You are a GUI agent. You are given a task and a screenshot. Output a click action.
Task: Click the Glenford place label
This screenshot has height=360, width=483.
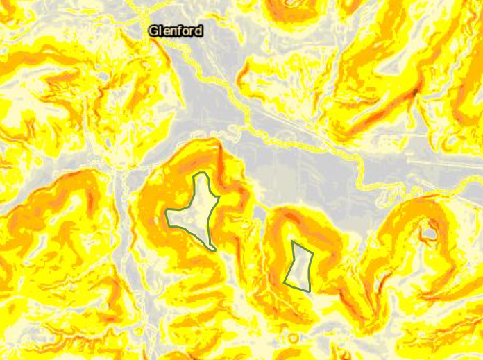(x=175, y=31)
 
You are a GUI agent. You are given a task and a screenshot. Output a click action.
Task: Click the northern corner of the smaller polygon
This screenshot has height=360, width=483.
(x=294, y=242)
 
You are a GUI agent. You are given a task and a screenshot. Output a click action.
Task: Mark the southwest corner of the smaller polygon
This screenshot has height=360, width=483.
(x=285, y=282)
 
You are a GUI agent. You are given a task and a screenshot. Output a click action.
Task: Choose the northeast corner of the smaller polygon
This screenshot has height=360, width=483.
(x=312, y=254)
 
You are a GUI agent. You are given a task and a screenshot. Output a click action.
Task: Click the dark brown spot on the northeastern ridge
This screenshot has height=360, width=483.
(x=415, y=90)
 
